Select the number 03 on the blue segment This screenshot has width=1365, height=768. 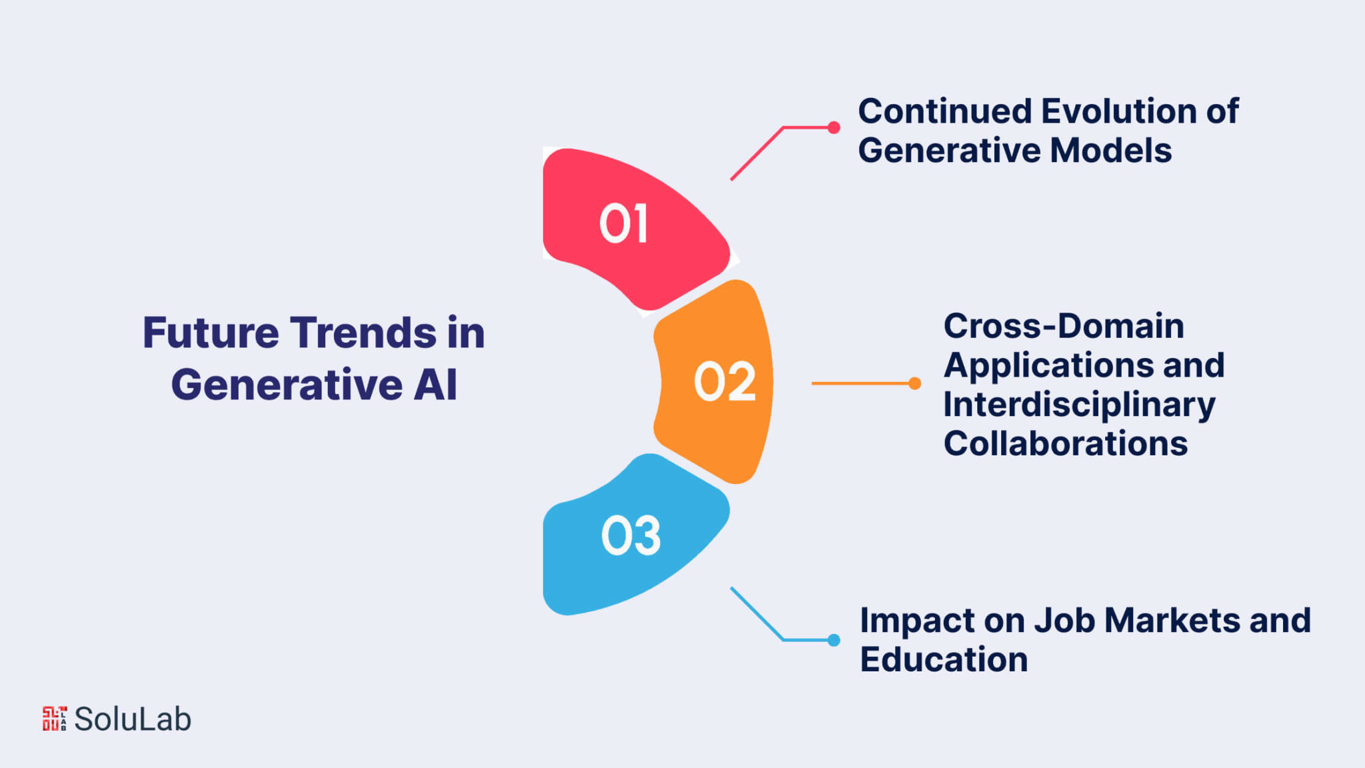tap(631, 535)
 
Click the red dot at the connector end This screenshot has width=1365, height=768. tap(834, 127)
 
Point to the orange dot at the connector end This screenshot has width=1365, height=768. tap(915, 383)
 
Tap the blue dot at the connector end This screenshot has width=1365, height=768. tap(834, 640)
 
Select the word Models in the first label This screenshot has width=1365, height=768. tap(1110, 150)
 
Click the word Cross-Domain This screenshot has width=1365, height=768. tap(1064, 326)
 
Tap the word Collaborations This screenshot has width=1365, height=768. tap(1066, 443)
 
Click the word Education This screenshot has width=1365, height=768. tap(944, 659)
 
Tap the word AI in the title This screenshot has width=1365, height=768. tap(435, 385)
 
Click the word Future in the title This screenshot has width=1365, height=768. tap(211, 333)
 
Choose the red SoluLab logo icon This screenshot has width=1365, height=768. tap(55, 719)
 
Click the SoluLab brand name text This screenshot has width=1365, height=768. tap(133, 719)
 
